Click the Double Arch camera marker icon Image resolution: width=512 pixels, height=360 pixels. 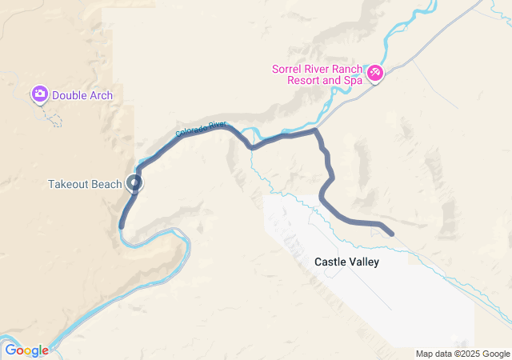[39, 94]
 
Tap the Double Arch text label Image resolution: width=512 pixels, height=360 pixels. [82, 96]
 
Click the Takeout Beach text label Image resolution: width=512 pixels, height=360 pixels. [85, 184]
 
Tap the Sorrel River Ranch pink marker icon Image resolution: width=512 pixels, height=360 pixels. [374, 74]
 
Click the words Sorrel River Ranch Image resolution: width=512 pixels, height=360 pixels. [317, 69]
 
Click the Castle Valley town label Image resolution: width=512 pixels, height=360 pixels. [346, 262]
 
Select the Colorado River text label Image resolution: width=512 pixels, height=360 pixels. [201, 128]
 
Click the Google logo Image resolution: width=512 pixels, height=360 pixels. [26, 350]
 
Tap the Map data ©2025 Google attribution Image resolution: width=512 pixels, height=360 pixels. [462, 354]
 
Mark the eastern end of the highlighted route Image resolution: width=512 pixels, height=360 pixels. [391, 234]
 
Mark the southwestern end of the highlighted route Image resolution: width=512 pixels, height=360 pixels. [121, 226]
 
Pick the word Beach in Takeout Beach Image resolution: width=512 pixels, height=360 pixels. [106, 184]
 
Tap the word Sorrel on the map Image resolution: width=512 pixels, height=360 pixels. [288, 69]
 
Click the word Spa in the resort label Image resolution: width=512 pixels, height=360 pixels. [351, 81]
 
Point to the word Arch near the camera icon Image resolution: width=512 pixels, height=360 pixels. [101, 96]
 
